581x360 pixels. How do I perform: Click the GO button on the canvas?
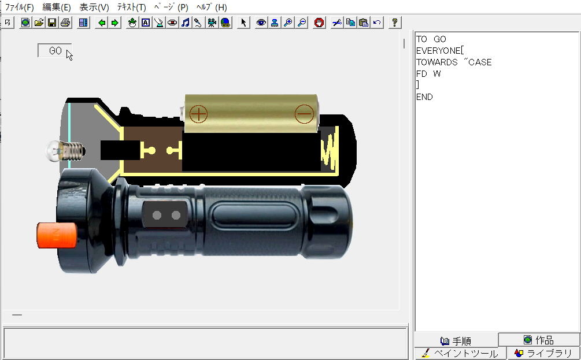pyautogui.click(x=54, y=51)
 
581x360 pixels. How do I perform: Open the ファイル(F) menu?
pyautogui.click(x=19, y=8)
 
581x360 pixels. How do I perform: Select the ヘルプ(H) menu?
pyautogui.click(x=211, y=8)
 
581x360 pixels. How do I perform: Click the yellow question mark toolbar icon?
pyautogui.click(x=395, y=23)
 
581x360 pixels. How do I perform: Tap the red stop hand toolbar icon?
pyautogui.click(x=319, y=23)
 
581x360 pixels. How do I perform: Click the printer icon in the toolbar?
pyautogui.click(x=65, y=23)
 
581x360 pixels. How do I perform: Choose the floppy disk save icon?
pyautogui.click(x=52, y=23)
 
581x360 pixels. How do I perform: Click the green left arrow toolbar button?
pyautogui.click(x=102, y=23)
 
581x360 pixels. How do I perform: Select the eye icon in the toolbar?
pyautogui.click(x=261, y=23)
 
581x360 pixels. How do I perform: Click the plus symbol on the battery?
pyautogui.click(x=199, y=113)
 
